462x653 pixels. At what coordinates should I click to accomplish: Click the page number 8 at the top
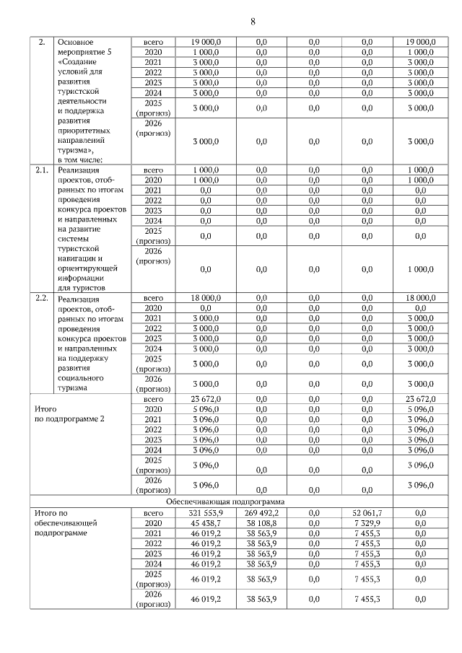[x=253, y=21]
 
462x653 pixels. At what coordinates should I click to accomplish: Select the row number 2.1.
[x=42, y=170]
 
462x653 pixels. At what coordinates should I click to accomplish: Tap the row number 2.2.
[x=42, y=297]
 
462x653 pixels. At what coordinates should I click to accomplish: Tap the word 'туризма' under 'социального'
[x=74, y=387]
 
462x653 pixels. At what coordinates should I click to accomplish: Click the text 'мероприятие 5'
[x=85, y=53]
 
